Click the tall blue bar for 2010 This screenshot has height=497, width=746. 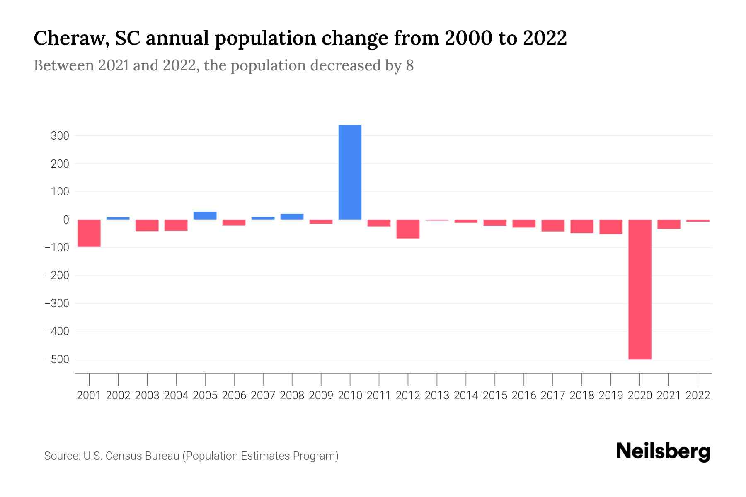(350, 172)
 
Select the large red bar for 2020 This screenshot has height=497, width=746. (639, 289)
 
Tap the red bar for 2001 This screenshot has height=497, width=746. (89, 233)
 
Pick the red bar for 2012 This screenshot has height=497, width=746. (408, 229)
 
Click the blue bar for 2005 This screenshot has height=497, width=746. (205, 216)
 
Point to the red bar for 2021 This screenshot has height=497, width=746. (668, 224)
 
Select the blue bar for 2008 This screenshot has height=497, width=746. (292, 217)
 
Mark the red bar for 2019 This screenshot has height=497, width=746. (610, 227)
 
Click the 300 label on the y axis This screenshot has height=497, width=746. (60, 136)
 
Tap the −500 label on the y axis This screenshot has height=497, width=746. (57, 359)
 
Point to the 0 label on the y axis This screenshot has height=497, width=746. (65, 220)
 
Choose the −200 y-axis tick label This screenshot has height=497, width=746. (57, 275)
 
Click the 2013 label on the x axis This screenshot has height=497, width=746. (437, 396)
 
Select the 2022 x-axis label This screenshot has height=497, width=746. (698, 396)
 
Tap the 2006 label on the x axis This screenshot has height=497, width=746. (234, 396)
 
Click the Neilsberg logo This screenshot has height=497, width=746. (663, 451)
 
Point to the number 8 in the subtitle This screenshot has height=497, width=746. (409, 65)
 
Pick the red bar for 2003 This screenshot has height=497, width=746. (147, 225)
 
